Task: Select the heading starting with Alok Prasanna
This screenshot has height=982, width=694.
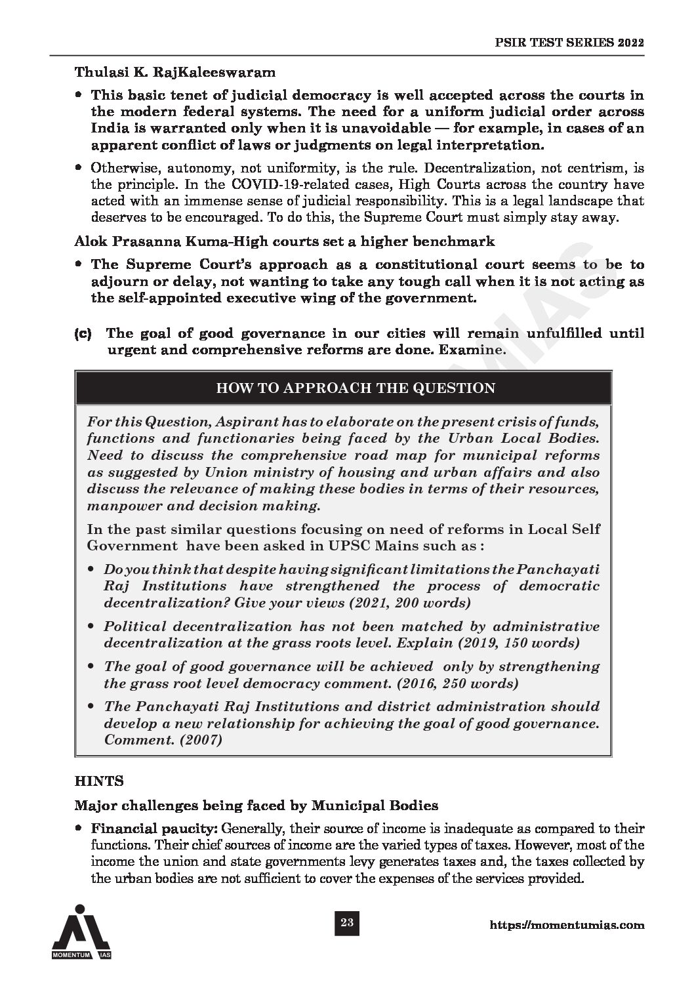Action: [285, 241]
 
